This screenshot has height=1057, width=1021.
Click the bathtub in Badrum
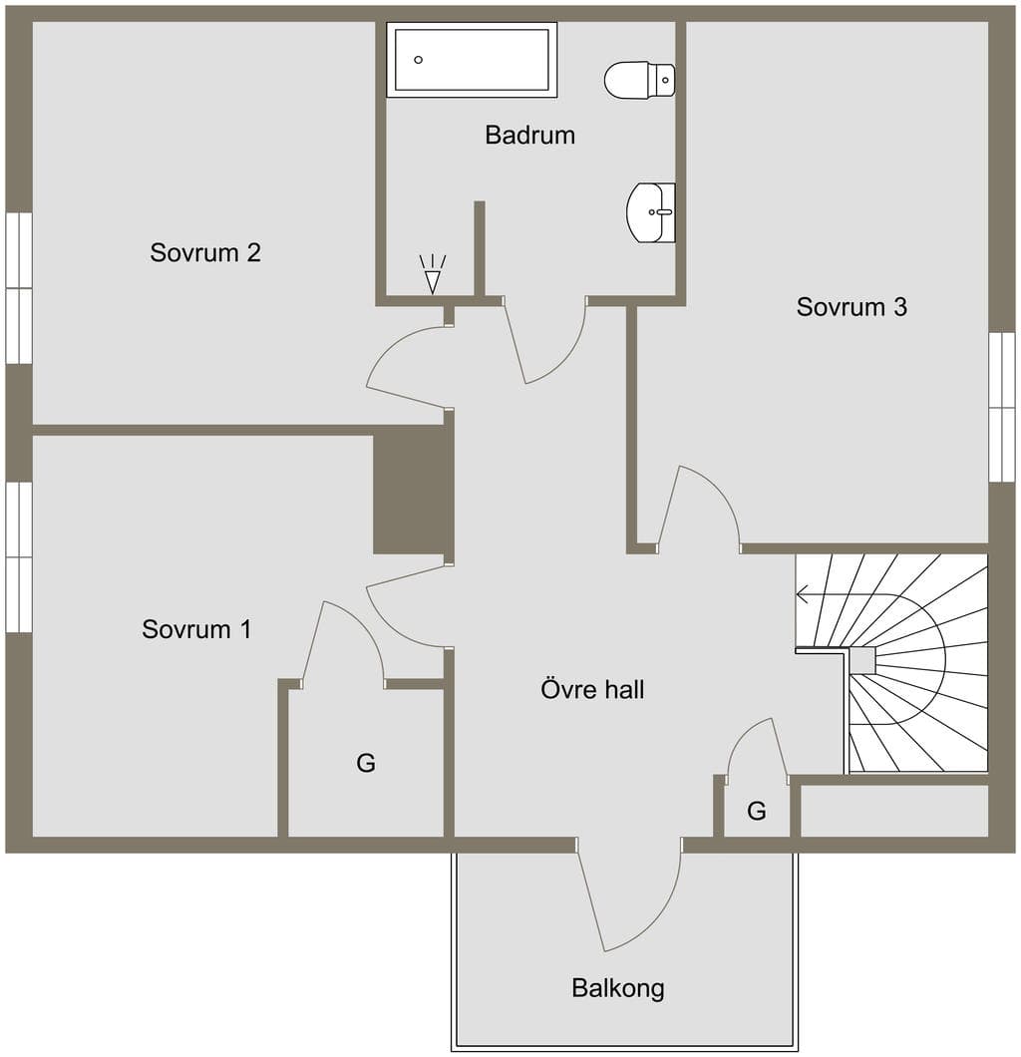coord(472,60)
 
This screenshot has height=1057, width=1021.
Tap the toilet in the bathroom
coord(639,80)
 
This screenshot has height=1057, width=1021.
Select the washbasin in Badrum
coord(651,211)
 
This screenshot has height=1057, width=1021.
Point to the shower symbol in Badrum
coord(433,274)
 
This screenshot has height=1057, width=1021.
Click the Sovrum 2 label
coord(204,253)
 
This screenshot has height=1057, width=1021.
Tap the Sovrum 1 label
coord(196,629)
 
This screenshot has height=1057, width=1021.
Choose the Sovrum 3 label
coord(851,307)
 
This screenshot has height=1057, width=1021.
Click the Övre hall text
coord(592,689)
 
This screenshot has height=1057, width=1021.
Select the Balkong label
coord(618,988)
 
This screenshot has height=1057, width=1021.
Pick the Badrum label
coord(529,135)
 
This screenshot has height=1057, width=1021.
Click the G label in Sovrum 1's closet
coord(366,763)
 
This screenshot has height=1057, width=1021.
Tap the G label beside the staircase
coord(757,811)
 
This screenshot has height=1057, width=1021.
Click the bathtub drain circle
coord(419,59)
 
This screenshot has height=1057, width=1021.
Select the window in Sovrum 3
coord(1001,407)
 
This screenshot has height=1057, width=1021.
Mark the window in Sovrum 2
coord(19,288)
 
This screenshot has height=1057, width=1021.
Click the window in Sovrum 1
coord(19,557)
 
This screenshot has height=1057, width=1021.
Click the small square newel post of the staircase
coord(861,660)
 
